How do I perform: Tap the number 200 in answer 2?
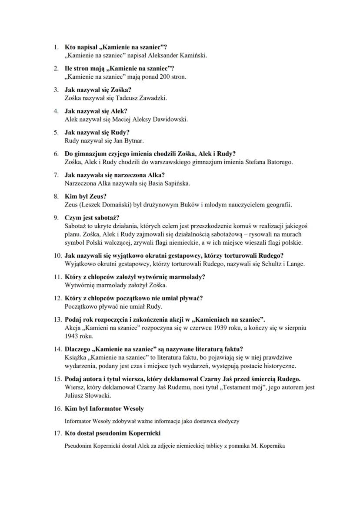click(157, 77)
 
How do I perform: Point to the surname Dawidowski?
click(170, 119)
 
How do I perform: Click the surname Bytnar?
click(133, 140)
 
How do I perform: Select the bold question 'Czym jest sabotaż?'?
click(92, 217)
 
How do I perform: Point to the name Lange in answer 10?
click(296, 264)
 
